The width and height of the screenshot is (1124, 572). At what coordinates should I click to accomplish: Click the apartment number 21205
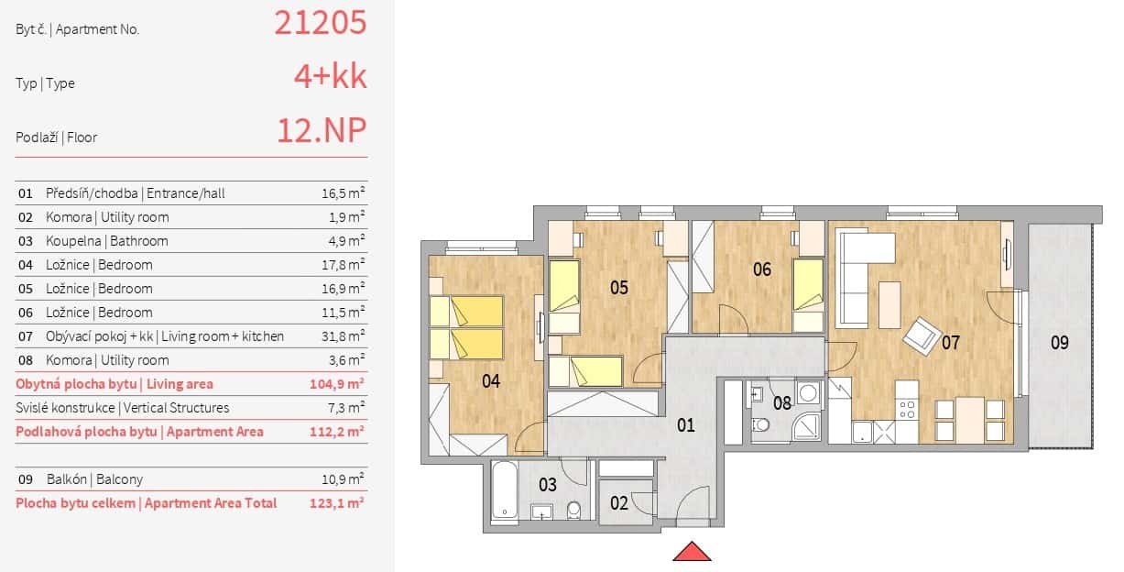click(x=321, y=23)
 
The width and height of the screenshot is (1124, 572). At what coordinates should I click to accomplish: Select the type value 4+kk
click(x=330, y=77)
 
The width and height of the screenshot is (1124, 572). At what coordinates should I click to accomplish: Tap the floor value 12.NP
click(x=322, y=131)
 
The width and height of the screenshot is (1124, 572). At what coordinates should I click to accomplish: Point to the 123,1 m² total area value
click(x=336, y=503)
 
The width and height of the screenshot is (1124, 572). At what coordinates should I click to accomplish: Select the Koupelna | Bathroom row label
click(x=106, y=241)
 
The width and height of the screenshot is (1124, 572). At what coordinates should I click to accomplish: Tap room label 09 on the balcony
click(x=1059, y=343)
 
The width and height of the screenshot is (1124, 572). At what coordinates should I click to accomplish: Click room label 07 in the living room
click(x=950, y=343)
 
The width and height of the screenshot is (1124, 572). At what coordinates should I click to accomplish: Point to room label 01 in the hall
click(x=686, y=425)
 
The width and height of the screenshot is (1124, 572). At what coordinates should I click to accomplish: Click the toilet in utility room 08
click(x=762, y=424)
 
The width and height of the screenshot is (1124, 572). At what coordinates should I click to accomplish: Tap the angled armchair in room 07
click(x=921, y=335)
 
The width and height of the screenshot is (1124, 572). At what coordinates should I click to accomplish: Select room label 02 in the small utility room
click(x=619, y=502)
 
